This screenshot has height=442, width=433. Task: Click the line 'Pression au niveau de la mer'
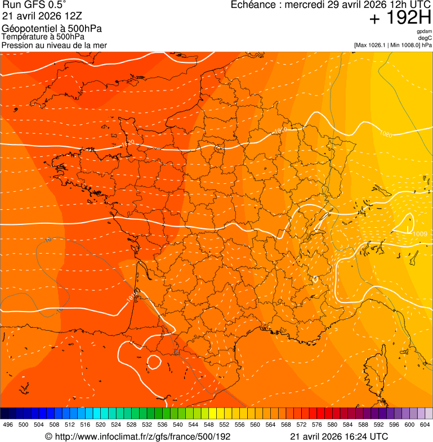[54, 45]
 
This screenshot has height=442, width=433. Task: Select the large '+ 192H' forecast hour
[400, 19]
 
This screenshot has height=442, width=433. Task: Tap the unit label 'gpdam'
[424, 31]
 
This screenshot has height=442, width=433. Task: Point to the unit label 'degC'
[426, 38]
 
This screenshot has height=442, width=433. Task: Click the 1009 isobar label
[419, 234]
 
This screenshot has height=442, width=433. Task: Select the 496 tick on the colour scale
[8, 425]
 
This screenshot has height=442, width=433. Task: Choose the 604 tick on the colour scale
[425, 425]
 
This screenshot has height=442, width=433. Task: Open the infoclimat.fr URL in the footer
[138, 436]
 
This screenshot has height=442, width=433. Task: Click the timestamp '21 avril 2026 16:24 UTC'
[339, 436]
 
